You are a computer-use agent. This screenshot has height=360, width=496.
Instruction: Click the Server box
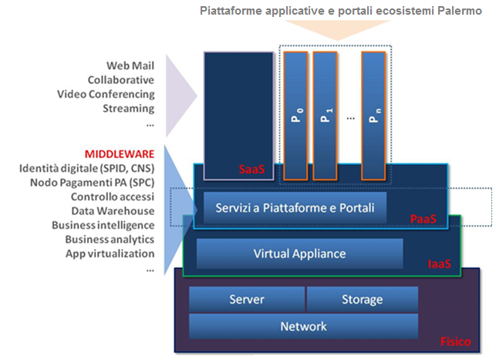(x=247, y=299)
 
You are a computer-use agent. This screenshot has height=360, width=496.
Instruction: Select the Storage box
(x=362, y=299)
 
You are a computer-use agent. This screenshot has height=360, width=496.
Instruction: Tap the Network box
(x=303, y=326)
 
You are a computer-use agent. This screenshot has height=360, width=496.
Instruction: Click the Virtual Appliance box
(x=299, y=254)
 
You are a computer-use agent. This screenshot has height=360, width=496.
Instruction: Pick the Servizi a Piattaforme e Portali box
(x=295, y=208)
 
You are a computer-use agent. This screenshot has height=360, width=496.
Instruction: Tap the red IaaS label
(x=440, y=264)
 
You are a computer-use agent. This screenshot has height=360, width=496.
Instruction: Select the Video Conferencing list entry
(x=106, y=94)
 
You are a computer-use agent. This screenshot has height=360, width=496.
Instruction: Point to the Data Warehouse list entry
(x=113, y=210)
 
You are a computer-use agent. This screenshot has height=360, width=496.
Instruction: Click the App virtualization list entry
(x=110, y=254)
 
